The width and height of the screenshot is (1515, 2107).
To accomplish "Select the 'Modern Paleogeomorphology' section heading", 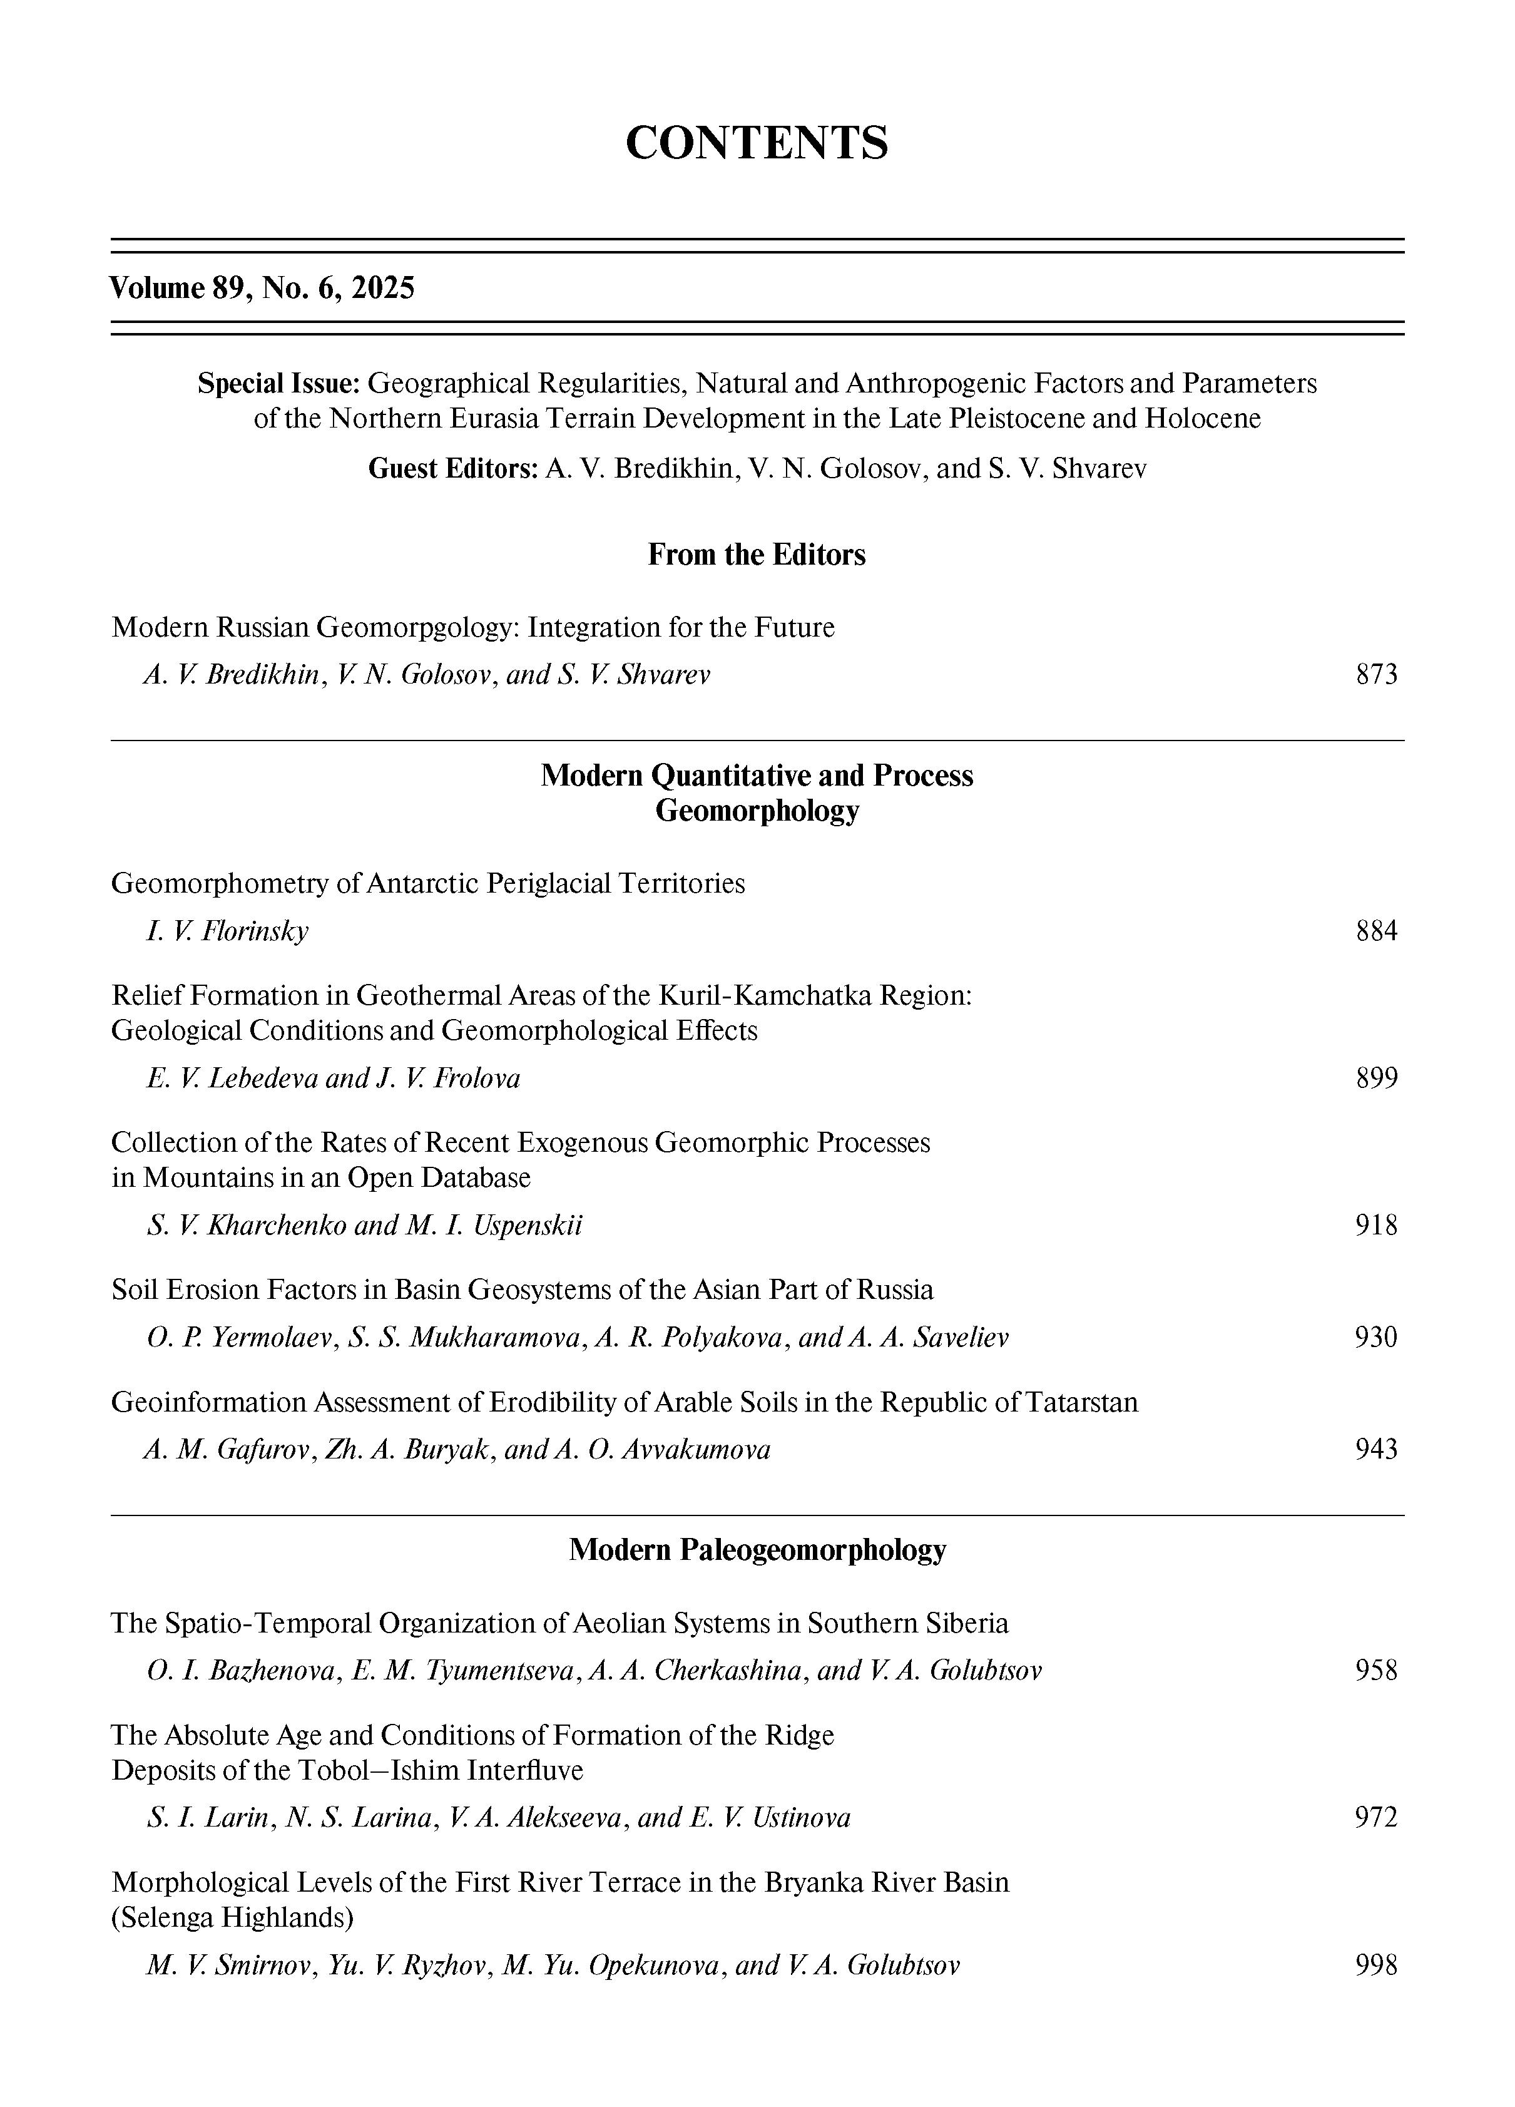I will coord(757,1550).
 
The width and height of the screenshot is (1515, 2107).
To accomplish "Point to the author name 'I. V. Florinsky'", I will coord(228,931).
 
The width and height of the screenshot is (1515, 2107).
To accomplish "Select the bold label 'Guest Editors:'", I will coord(453,468).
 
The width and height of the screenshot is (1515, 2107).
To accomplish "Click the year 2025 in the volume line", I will coord(384,288).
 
